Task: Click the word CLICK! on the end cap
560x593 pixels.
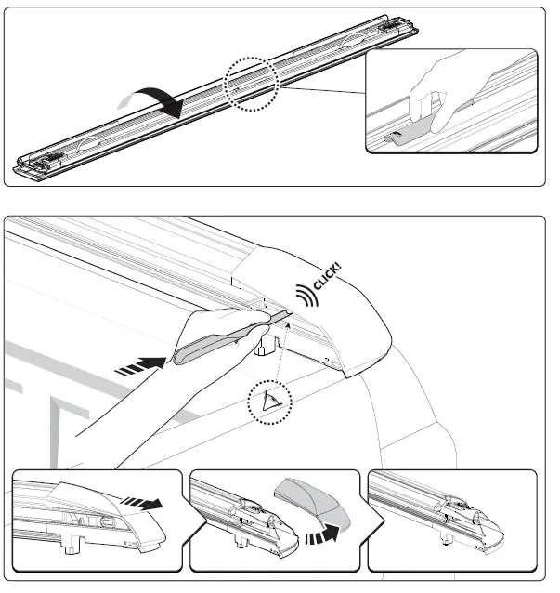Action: coord(327,278)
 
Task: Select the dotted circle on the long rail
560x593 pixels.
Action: coord(250,85)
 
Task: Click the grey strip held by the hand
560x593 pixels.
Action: coord(223,336)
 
